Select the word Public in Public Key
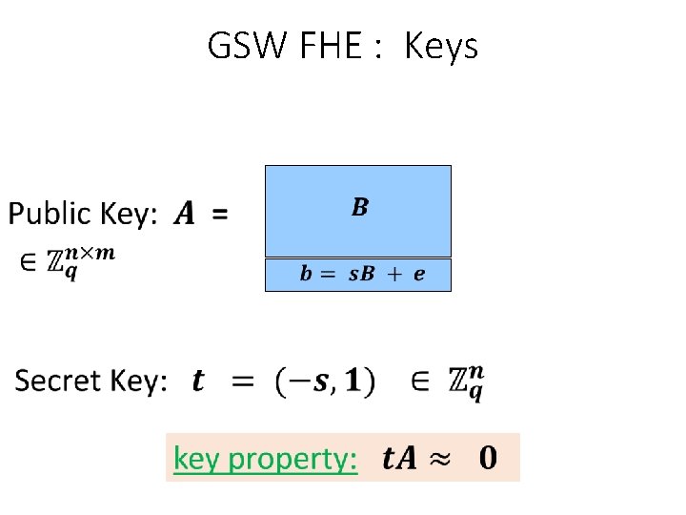(53, 216)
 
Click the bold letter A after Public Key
(183, 216)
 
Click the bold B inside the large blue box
(359, 207)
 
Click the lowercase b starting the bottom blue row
(305, 275)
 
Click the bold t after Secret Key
(197, 382)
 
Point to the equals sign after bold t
(245, 382)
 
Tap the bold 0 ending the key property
(487, 459)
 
